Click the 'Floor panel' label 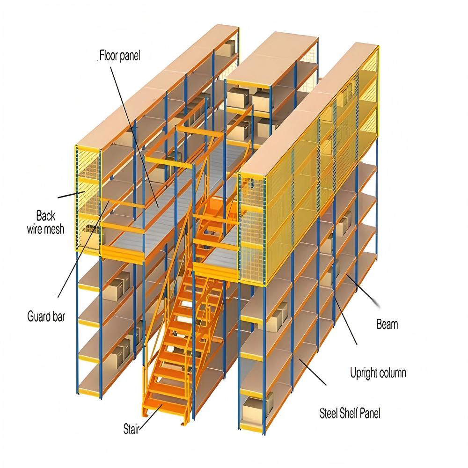(120, 56)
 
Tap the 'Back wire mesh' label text (46, 222)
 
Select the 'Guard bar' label (46, 316)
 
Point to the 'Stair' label (132, 429)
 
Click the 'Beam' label (387, 324)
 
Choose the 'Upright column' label (378, 373)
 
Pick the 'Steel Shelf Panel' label (350, 413)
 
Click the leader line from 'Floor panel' (135, 137)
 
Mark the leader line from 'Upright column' (346, 321)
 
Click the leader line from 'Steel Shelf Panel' (313, 372)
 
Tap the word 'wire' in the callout (34, 229)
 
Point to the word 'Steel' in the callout (328, 413)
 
